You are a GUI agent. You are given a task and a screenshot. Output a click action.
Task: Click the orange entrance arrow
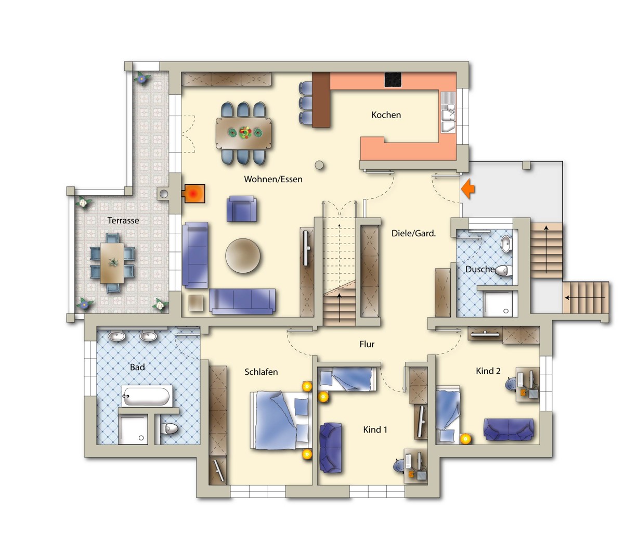[x=467, y=188]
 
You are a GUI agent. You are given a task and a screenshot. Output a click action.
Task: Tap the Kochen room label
[x=386, y=115]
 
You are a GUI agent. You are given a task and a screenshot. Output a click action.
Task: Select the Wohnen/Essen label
[x=273, y=179]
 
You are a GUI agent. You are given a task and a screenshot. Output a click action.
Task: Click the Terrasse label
[x=123, y=221]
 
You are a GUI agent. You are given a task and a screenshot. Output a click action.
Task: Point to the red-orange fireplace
[x=193, y=193]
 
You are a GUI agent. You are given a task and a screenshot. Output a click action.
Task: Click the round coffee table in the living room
[x=243, y=256]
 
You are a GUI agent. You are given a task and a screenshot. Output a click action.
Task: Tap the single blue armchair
[x=242, y=209]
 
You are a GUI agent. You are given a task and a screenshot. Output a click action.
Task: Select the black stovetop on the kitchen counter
[x=393, y=79]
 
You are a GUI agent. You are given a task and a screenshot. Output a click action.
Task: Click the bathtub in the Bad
[x=146, y=396]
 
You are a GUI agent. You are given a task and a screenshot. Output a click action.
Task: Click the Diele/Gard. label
[x=413, y=233]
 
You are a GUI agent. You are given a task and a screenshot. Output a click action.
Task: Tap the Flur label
[x=367, y=344]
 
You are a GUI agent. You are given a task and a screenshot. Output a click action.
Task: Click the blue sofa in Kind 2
[x=509, y=429]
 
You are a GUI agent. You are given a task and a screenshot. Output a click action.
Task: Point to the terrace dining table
[x=112, y=263]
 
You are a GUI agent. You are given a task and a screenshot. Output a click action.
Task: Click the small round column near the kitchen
[x=319, y=166]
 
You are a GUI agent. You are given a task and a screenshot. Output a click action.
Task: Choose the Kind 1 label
[x=375, y=429]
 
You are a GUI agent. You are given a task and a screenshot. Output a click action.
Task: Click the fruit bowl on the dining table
[x=245, y=133]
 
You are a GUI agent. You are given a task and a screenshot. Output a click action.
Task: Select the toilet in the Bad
[x=169, y=428]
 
